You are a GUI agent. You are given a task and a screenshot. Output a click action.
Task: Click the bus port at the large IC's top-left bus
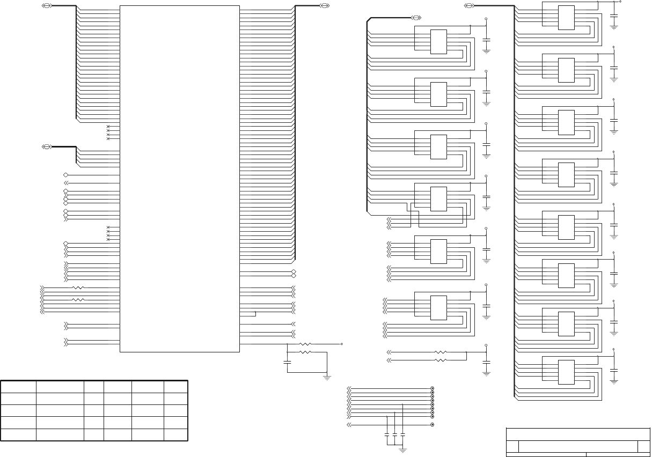[47, 5]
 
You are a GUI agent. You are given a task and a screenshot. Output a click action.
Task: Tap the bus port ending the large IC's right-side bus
[324, 5]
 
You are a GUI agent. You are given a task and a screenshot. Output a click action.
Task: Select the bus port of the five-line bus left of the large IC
[47, 146]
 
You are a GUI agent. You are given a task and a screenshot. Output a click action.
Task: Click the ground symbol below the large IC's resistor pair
[327, 378]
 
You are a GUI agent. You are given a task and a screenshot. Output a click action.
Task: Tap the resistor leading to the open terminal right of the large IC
[305, 343]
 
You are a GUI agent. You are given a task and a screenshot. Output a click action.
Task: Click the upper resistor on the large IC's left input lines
[78, 288]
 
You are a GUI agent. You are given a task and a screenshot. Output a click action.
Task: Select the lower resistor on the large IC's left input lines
[78, 300]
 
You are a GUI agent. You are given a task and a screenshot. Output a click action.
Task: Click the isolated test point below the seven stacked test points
[433, 425]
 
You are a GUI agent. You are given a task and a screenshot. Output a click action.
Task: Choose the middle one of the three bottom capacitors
[395, 436]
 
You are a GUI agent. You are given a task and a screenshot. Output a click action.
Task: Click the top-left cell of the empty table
[18, 387]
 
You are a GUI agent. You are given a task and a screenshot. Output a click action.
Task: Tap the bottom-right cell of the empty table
[176, 434]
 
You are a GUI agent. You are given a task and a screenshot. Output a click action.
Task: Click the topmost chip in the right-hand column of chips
[566, 18]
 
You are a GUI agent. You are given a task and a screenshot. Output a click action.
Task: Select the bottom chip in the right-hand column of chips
[566, 372]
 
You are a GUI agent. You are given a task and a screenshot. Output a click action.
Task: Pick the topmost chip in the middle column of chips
[438, 42]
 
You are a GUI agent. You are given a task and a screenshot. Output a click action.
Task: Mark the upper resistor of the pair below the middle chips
[440, 352]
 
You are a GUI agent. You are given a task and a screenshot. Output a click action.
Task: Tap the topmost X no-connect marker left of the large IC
[108, 127]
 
